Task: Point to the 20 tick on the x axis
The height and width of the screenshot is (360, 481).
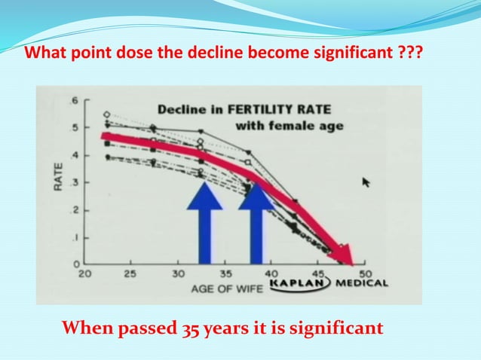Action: click(84, 273)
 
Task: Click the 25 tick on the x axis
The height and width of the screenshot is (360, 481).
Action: click(130, 273)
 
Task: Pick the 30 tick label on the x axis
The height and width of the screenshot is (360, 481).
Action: click(178, 273)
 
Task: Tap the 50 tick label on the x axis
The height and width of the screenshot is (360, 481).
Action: click(366, 273)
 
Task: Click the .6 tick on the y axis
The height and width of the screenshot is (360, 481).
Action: click(74, 100)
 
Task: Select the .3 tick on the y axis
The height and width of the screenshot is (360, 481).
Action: click(74, 182)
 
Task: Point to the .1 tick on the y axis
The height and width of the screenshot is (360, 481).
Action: click(74, 237)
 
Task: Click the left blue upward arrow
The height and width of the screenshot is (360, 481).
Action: click(204, 222)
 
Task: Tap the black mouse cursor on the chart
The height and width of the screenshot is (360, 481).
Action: click(367, 182)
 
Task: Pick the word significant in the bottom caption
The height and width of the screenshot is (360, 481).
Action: click(340, 328)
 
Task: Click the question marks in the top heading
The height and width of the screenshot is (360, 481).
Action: click(411, 54)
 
